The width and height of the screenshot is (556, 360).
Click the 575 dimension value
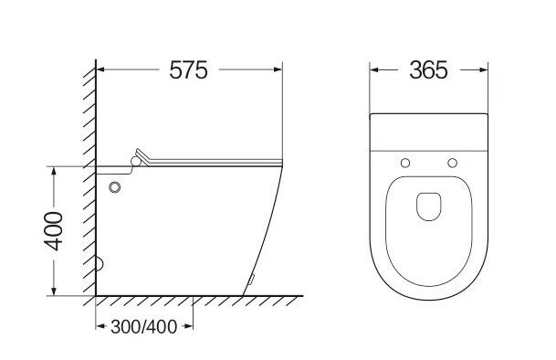tap(188, 70)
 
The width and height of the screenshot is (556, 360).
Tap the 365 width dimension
tap(428, 70)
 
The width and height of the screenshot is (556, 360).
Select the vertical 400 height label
tap(54, 231)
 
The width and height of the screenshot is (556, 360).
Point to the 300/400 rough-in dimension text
tap(143, 326)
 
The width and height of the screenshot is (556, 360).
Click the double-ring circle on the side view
tap(114, 187)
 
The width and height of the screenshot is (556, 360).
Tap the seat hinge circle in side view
tap(136, 162)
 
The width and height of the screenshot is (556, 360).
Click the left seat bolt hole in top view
tap(405, 163)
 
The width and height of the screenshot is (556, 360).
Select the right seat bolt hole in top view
tap(452, 163)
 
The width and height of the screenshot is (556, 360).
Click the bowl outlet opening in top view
tap(429, 206)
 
